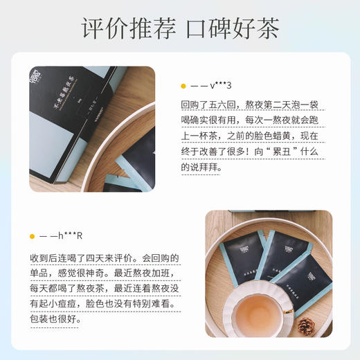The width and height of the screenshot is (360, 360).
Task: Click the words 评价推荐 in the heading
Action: [x=128, y=28]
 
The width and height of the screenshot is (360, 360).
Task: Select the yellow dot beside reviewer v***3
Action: [x=183, y=87]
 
